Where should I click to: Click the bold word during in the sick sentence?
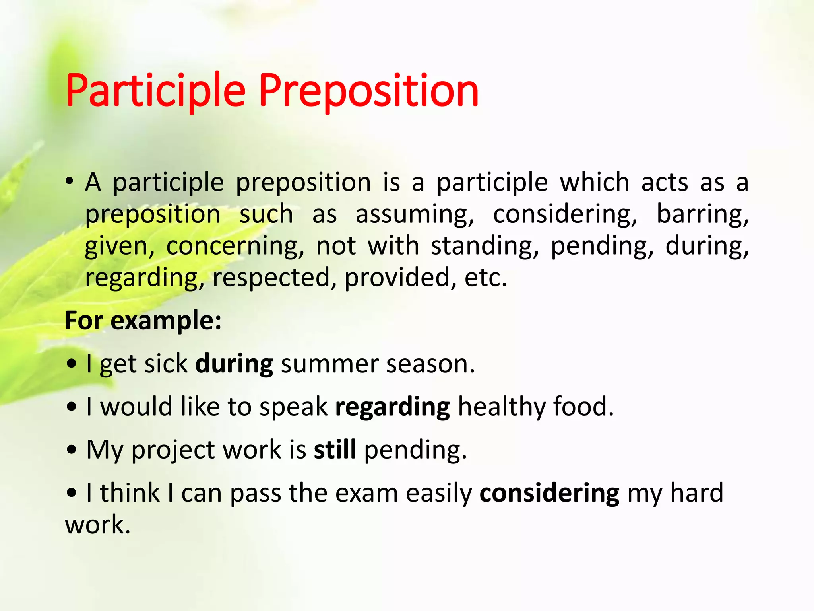click(x=234, y=364)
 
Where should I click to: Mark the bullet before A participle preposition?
click(x=70, y=182)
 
